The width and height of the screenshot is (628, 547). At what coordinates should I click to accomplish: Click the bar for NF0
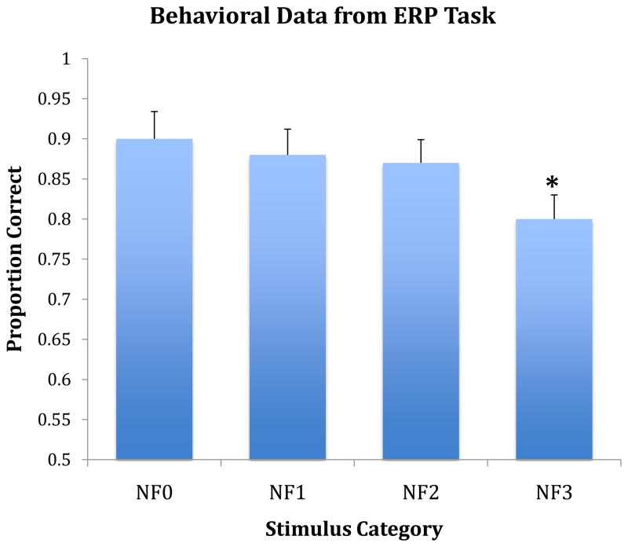tap(155, 299)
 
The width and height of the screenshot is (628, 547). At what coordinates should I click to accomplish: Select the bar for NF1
tap(287, 307)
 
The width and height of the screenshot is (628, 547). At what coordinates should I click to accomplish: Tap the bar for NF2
tap(421, 310)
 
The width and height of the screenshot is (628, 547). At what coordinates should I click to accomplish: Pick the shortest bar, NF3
tap(553, 338)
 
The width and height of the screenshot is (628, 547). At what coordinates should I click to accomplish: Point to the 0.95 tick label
tap(55, 99)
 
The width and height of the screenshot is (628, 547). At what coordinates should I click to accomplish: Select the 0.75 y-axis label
tap(55, 259)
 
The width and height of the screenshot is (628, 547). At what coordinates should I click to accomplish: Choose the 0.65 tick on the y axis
tap(55, 340)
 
